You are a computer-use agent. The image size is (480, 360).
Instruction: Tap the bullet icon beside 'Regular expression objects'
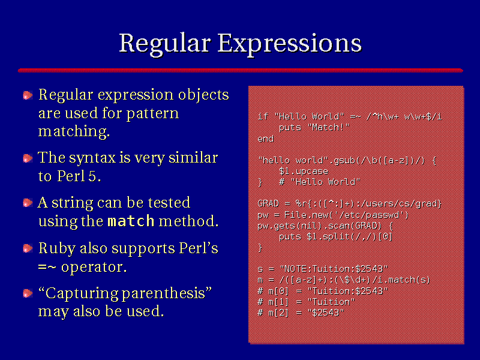[28, 95]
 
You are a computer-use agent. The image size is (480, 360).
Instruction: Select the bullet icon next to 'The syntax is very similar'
[28, 158]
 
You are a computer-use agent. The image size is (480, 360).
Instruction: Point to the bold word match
[131, 221]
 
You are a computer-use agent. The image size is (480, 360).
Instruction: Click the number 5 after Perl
[92, 176]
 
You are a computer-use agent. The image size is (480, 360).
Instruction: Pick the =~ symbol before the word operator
[47, 267]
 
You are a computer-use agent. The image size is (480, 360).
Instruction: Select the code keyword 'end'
[265, 139]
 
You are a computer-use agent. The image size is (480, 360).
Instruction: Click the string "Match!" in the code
[328, 127]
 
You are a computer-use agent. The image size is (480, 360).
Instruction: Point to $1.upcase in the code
[303, 171]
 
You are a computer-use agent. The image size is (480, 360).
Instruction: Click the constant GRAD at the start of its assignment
[268, 204]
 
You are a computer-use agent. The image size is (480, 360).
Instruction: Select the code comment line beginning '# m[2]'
[301, 313]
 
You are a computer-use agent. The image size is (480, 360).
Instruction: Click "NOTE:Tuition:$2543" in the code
[334, 269]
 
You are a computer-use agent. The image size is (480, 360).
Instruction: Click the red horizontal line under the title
[241, 71]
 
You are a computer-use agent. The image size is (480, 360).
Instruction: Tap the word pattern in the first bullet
[152, 114]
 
